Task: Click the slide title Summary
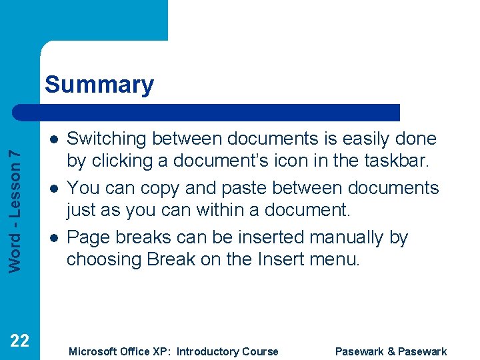point(99,85)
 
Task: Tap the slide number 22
point(20,341)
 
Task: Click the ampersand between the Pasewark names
point(390,351)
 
